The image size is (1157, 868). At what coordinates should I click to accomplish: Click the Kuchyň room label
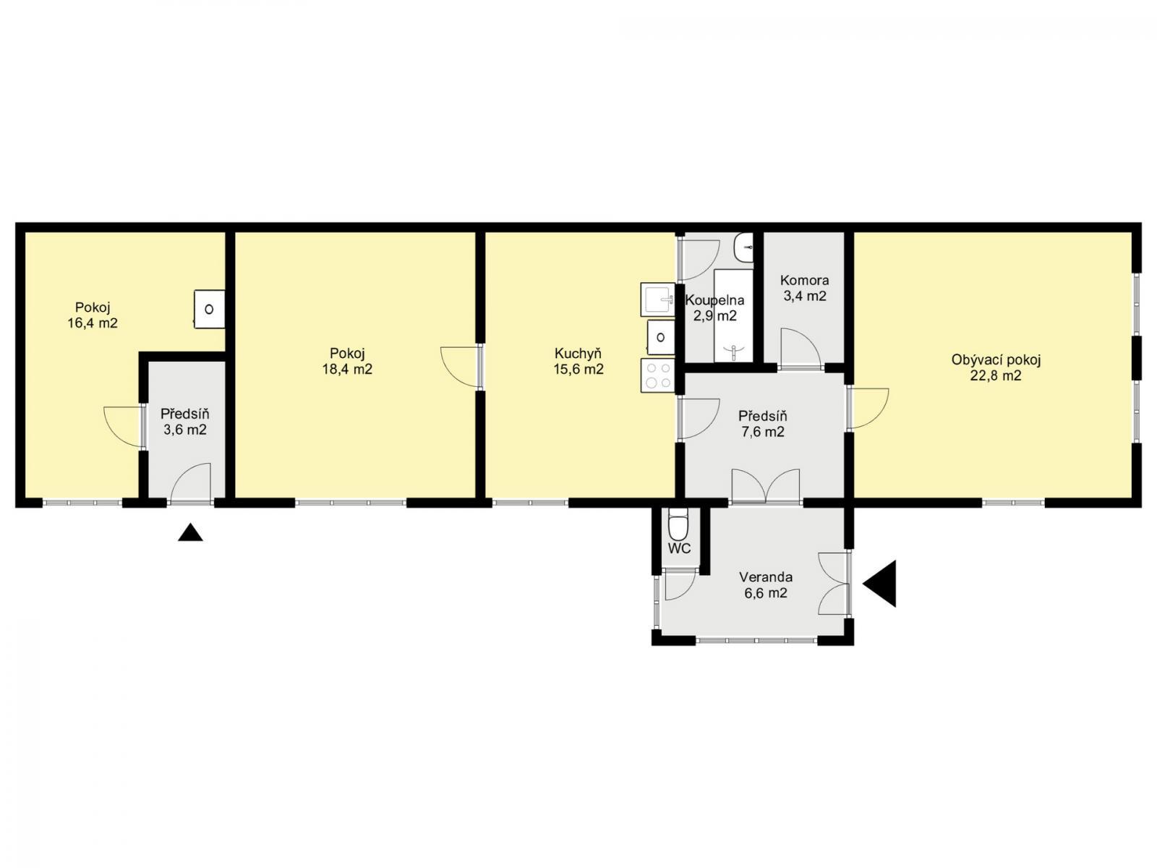[x=578, y=354]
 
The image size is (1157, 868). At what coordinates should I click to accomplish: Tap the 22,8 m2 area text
[x=996, y=375]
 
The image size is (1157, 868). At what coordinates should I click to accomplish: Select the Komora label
[x=804, y=281]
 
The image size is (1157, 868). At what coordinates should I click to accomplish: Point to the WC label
[x=679, y=548]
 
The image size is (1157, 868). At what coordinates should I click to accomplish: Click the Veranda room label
[x=765, y=577]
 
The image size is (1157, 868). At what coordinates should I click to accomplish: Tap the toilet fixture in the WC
[x=678, y=524]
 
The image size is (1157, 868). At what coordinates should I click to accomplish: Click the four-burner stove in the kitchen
[x=657, y=375]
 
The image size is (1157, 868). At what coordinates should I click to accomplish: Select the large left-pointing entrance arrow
[x=880, y=584]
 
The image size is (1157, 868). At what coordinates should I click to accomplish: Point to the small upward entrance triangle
[x=190, y=533]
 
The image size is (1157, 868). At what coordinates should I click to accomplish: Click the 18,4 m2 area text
[x=347, y=370]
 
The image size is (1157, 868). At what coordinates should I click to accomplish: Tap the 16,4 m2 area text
[x=93, y=323]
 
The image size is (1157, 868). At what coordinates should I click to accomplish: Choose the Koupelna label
[x=714, y=300]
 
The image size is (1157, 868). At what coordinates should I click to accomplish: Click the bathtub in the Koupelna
[x=733, y=316]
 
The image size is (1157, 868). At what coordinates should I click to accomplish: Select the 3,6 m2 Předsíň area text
[x=184, y=430]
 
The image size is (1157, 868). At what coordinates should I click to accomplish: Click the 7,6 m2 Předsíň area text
[x=763, y=432]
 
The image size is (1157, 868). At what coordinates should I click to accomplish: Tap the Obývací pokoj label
[x=996, y=360]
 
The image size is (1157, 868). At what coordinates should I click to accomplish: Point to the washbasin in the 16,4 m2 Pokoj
[x=209, y=309]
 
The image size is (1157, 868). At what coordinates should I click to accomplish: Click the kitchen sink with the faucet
[x=657, y=299]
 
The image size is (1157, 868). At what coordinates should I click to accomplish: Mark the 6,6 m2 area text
[x=765, y=593]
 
